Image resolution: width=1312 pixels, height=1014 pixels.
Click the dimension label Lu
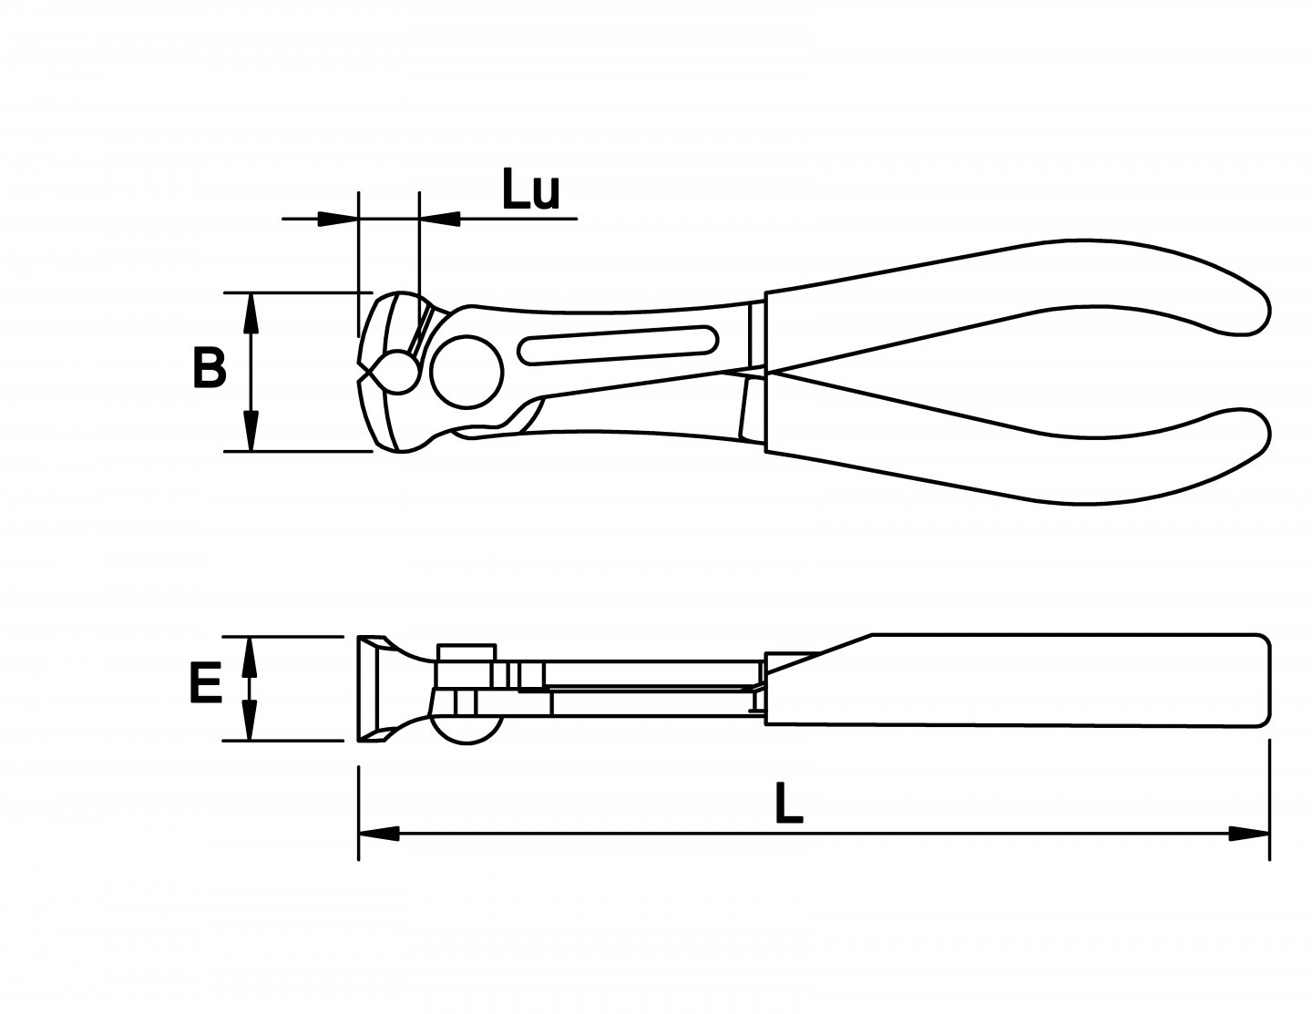530,190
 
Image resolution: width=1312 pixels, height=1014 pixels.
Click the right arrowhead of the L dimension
1248,833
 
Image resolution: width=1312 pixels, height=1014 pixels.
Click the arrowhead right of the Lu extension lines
439,218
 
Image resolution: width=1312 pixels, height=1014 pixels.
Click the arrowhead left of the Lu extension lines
337,218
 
